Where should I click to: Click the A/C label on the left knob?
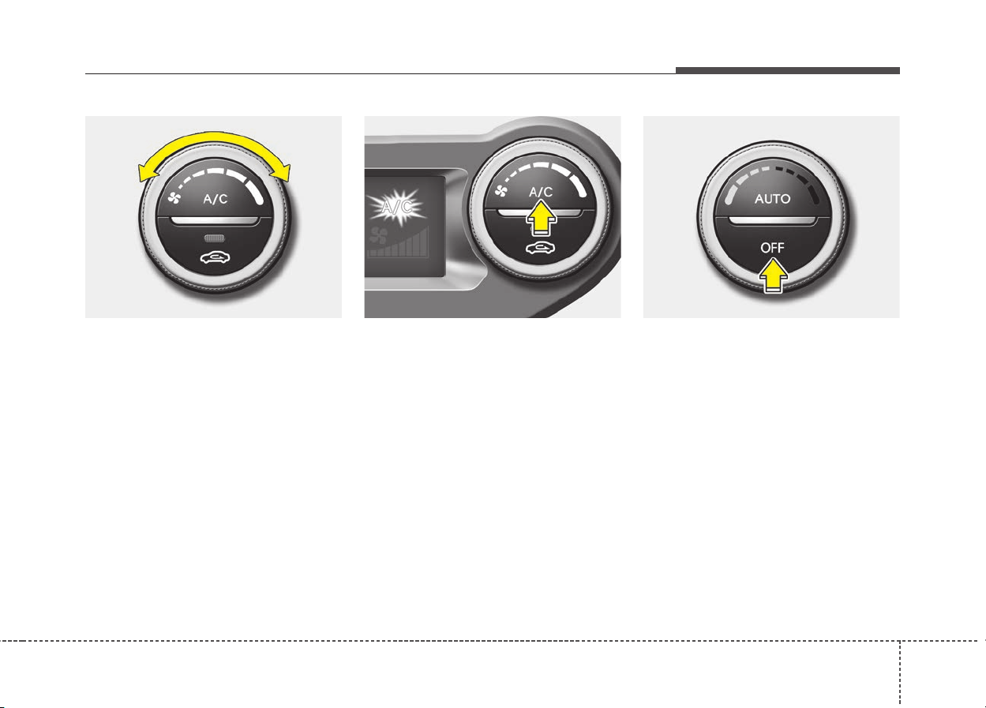[x=216, y=200]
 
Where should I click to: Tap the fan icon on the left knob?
[x=174, y=198]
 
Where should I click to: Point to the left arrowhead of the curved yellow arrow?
[x=148, y=173]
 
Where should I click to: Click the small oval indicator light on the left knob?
[x=215, y=238]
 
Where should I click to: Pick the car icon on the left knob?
[x=215, y=257]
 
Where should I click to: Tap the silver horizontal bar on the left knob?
[x=215, y=221]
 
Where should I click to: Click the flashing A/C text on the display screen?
[x=396, y=206]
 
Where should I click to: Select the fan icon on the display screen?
[x=379, y=235]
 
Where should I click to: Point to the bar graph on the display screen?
[x=399, y=243]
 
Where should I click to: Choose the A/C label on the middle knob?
[x=541, y=192]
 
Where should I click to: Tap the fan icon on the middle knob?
[x=501, y=191]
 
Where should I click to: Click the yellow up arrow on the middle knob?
[x=541, y=218]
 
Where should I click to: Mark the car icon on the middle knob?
[x=541, y=249]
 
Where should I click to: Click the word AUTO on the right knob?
[x=773, y=199]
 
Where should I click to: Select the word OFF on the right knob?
[x=773, y=248]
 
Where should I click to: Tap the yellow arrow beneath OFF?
[x=773, y=275]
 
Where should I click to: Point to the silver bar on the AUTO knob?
[x=773, y=221]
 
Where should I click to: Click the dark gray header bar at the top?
[x=788, y=70]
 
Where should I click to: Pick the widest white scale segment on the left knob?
[x=254, y=192]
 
